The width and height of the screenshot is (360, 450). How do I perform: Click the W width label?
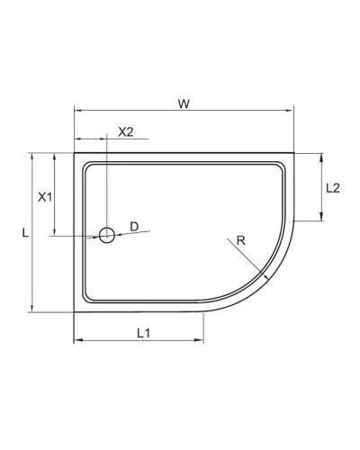pyautogui.click(x=183, y=103)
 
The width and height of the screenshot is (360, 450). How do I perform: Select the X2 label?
pyautogui.click(x=126, y=131)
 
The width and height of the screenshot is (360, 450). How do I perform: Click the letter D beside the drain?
pyautogui.click(x=133, y=226)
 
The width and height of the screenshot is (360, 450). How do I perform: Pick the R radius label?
pyautogui.click(x=240, y=239)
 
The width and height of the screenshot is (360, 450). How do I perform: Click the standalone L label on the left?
pyautogui.click(x=25, y=232)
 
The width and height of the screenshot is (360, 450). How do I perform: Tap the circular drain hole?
pyautogui.click(x=106, y=236)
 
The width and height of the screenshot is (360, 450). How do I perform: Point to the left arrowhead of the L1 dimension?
pyautogui.click(x=76, y=341)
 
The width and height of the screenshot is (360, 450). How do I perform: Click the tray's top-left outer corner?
pyautogui.click(x=74, y=153)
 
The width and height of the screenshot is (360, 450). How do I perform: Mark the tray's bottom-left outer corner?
pyautogui.click(x=74, y=311)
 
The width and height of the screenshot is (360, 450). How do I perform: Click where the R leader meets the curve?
pyautogui.click(x=265, y=274)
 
